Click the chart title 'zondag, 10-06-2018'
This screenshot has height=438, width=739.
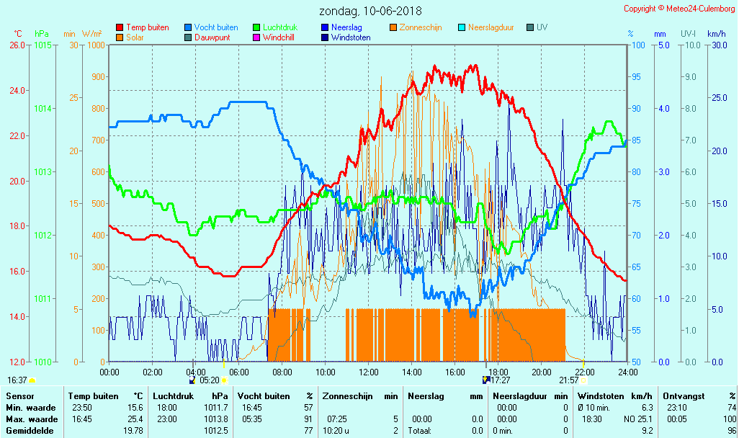point(370,11)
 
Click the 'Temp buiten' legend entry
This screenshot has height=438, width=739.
point(147,27)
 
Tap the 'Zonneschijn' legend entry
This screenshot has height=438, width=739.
point(421,27)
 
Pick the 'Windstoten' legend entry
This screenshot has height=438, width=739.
point(351,37)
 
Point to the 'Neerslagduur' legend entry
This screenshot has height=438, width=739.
point(491,27)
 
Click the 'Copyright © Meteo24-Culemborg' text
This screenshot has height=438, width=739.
point(679,8)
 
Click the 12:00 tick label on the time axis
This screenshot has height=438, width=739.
point(369,372)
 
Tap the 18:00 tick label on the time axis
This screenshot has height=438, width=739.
point(498,372)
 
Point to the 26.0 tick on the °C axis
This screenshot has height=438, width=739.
point(17,45)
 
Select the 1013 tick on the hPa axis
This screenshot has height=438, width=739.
point(42,171)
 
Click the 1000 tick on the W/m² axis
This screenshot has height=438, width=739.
point(95,45)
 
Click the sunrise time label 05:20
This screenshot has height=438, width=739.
point(209,380)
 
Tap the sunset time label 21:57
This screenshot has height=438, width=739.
point(569,380)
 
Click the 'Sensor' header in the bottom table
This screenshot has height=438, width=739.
point(19,395)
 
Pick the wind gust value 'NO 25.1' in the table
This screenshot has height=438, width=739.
point(637,419)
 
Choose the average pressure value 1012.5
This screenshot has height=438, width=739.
point(217,431)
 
